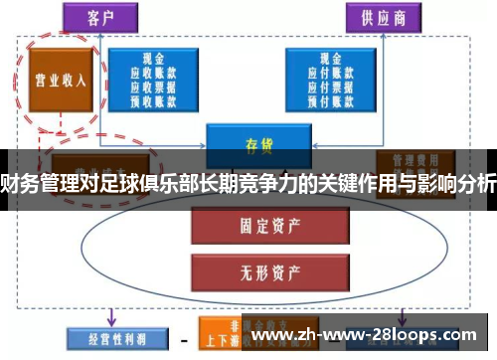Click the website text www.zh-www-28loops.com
point(367,335)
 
